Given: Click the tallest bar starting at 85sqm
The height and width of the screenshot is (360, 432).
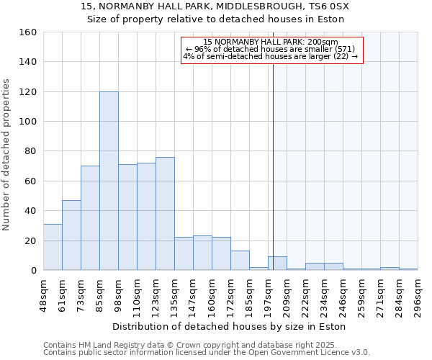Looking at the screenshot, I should click(x=109, y=181).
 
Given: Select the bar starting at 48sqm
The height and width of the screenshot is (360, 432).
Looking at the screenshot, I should click(x=53, y=247).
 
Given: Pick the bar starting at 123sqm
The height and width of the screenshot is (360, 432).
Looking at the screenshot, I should click(x=165, y=213).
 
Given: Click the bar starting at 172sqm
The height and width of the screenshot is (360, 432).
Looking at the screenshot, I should click(x=240, y=260).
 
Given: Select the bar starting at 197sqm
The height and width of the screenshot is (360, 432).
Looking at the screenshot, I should click(x=277, y=264).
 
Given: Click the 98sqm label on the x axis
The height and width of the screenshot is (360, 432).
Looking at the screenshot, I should click(x=119, y=293).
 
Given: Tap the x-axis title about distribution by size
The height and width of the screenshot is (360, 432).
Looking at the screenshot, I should click(x=230, y=327).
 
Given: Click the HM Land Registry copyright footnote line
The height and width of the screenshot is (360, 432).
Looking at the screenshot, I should click(x=206, y=345).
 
